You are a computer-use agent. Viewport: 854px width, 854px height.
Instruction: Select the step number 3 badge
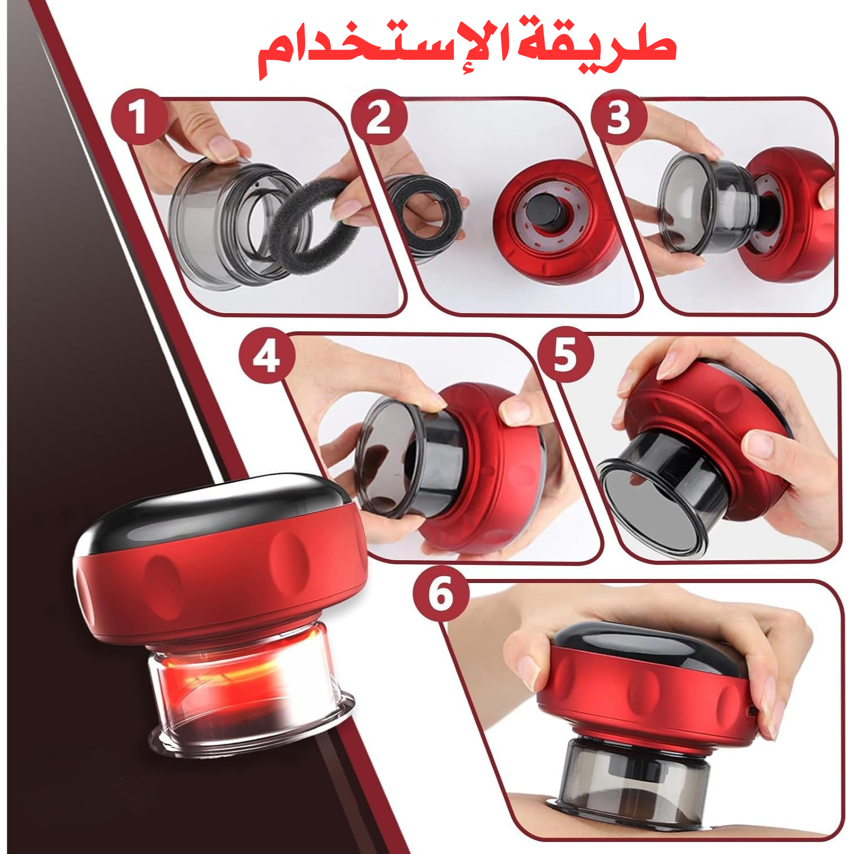tap(619, 118)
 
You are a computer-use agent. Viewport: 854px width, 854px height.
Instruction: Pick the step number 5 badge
tap(565, 354)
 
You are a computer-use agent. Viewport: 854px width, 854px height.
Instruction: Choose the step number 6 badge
tap(441, 593)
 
